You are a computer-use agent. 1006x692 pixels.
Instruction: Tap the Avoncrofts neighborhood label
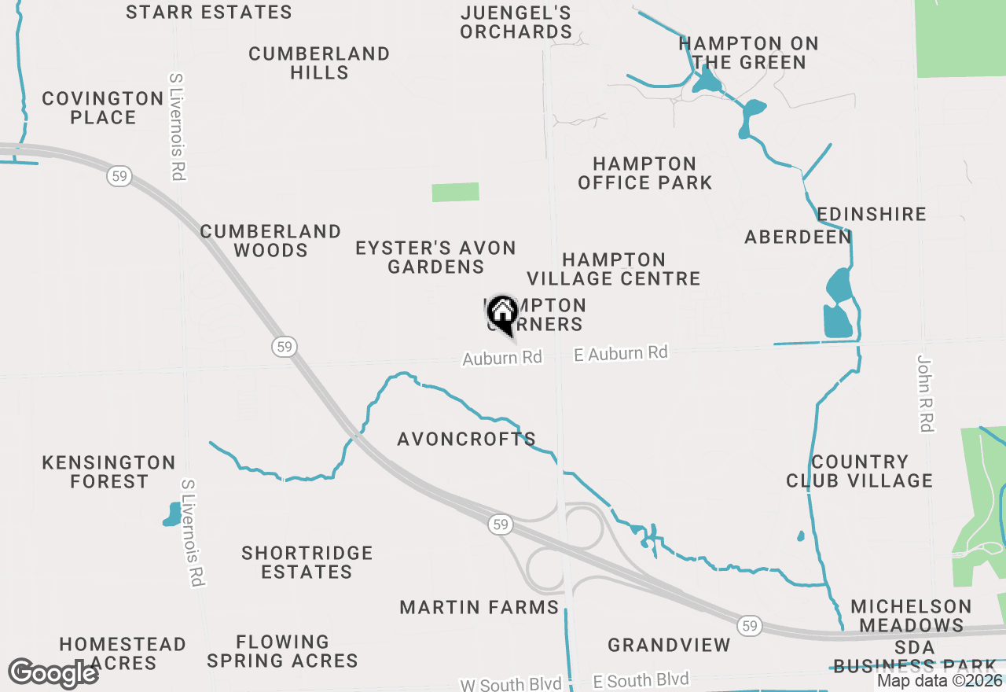pyautogui.click(x=466, y=439)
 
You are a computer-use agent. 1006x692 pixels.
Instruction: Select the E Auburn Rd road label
pyautogui.click(x=621, y=354)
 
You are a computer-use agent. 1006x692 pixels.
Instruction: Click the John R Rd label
pyautogui.click(x=925, y=393)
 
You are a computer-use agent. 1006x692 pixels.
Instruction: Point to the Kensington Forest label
pyautogui.click(x=108, y=472)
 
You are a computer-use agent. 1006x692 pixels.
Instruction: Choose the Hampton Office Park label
pyautogui.click(x=644, y=174)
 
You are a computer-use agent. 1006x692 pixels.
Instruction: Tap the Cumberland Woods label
pyautogui.click(x=270, y=241)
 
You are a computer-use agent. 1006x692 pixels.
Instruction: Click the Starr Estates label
pyautogui.click(x=208, y=13)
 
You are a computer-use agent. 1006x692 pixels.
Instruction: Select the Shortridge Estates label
pyautogui.click(x=307, y=562)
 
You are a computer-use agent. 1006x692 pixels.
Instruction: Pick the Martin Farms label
pyautogui.click(x=479, y=607)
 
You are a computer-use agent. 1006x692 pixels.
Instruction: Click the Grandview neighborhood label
pyautogui.click(x=669, y=646)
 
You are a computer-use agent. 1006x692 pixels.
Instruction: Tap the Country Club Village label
pyautogui.click(x=859, y=471)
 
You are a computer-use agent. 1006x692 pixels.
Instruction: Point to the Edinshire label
pyautogui.click(x=872, y=214)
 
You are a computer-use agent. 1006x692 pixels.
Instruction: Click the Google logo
pyautogui.click(x=53, y=673)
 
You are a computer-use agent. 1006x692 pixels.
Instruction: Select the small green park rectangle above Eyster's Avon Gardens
pyautogui.click(x=455, y=192)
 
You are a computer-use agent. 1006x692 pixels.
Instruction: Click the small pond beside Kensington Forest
pyautogui.click(x=172, y=514)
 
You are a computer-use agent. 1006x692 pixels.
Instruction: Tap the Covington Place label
pyautogui.click(x=102, y=108)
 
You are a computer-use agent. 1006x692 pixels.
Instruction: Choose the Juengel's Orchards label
pyautogui.click(x=516, y=22)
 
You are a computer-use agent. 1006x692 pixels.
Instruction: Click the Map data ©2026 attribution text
pyautogui.click(x=939, y=681)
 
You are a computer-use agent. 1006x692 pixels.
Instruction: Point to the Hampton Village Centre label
pyautogui.click(x=614, y=269)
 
